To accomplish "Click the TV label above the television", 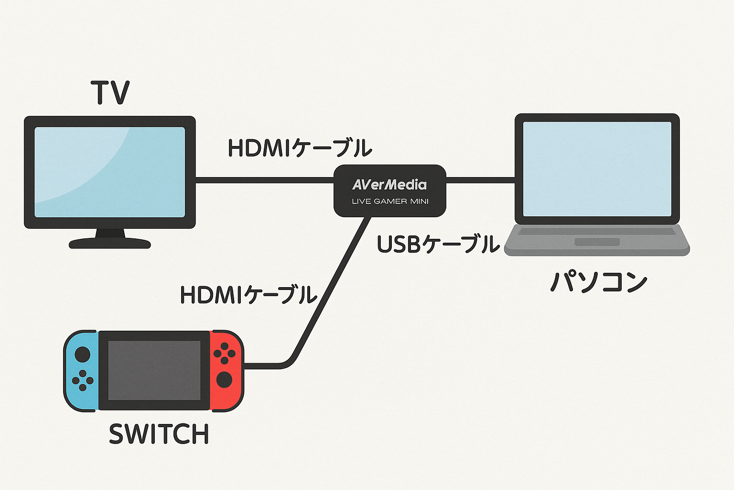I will coord(110,93).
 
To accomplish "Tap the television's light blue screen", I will coord(109,172).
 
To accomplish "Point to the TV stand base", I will coord(110,244).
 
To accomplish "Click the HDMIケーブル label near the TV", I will coord(300,148).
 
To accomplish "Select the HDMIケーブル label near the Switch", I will coord(248,295).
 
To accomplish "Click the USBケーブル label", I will coord(438,245).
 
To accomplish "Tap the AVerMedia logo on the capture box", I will coord(389,185).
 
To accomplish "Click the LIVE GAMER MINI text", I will coord(390,201).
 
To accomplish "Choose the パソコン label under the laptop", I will coord(599,282).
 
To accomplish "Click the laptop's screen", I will coord(597,169).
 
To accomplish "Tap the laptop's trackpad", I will coord(597,242).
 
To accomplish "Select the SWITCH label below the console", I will coord(159,434).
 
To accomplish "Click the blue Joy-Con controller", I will coord(82,371).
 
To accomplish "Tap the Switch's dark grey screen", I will coord(154,370).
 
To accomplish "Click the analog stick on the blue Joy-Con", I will coord(82,355).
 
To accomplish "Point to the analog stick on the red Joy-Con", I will coord(224,380).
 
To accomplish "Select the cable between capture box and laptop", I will coord(480,180).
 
